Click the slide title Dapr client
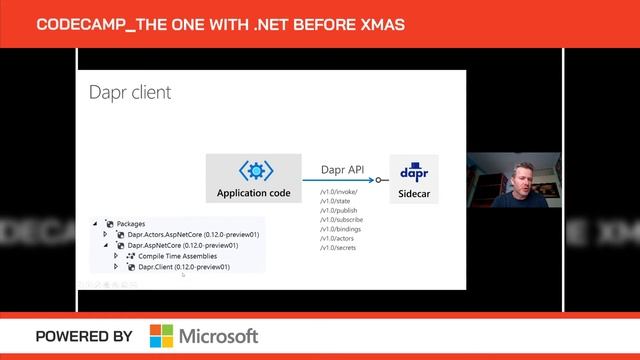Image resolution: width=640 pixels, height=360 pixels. (129, 93)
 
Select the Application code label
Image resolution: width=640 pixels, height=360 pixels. (254, 192)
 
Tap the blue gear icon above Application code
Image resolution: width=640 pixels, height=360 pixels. (253, 171)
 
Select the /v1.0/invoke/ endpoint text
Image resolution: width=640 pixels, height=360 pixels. (339, 192)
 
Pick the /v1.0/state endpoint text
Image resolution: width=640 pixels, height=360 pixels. (335, 201)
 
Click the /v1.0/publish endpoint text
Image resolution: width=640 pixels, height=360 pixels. (338, 211)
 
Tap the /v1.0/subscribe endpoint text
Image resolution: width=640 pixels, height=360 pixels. (341, 220)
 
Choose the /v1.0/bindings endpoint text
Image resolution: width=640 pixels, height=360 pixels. (340, 230)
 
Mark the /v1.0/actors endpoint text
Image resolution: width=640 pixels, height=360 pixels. (337, 239)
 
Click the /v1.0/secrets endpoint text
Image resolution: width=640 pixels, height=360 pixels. (338, 249)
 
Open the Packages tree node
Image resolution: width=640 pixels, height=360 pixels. (130, 223)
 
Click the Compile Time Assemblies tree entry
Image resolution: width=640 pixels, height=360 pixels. (177, 256)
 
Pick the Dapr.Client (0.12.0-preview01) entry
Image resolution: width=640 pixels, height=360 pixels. (184, 267)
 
